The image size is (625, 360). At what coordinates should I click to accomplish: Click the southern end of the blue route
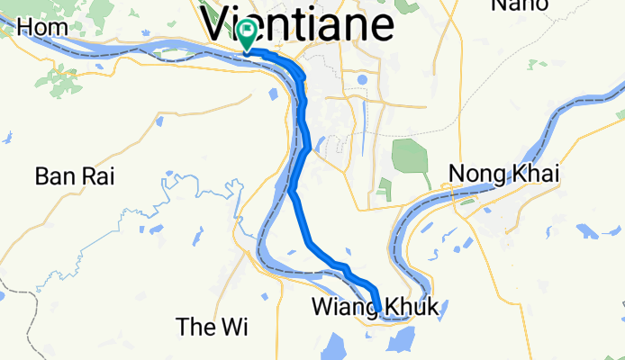tap(379, 310)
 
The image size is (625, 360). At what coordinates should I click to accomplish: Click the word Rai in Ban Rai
tap(99, 176)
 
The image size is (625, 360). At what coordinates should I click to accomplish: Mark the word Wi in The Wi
tap(231, 327)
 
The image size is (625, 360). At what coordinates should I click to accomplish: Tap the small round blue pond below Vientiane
tap(362, 79)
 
